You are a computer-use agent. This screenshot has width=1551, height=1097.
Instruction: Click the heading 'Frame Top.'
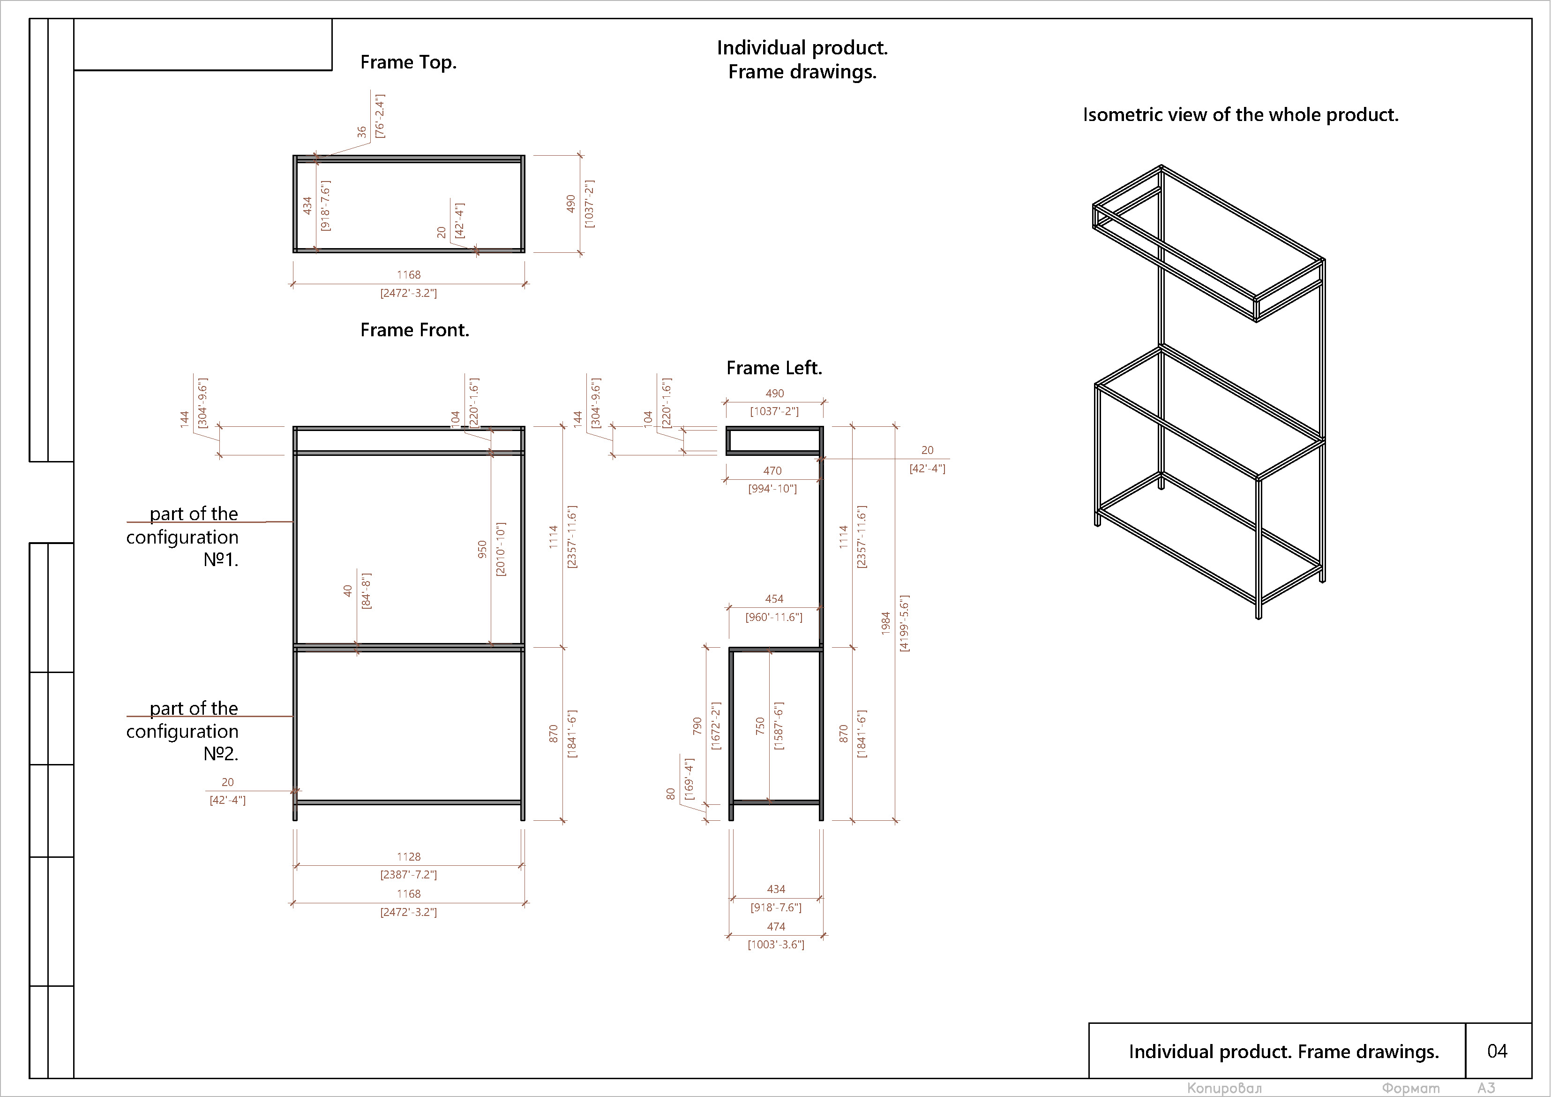click(408, 62)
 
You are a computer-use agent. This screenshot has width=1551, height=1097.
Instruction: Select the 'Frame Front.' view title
click(414, 330)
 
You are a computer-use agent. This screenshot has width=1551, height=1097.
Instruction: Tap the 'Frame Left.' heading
click(773, 368)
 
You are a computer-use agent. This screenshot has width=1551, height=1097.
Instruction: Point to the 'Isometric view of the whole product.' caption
click(1240, 115)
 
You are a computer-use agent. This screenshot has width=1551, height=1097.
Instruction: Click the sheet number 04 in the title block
click(1497, 1051)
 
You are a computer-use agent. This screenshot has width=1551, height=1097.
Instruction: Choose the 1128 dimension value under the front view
click(409, 856)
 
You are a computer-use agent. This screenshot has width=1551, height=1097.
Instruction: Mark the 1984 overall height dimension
click(885, 623)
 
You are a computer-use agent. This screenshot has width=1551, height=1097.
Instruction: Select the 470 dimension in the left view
click(772, 471)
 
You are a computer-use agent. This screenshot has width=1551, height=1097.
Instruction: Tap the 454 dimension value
click(774, 599)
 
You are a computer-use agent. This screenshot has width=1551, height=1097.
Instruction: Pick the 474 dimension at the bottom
click(775, 927)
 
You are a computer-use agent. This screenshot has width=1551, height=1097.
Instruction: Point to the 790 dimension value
click(697, 726)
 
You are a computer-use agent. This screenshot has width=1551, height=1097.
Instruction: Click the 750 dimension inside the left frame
click(760, 726)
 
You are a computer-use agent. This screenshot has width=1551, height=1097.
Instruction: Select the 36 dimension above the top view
click(361, 132)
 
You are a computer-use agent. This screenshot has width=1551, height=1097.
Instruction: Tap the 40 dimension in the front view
click(347, 591)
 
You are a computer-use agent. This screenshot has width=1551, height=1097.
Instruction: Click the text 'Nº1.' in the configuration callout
click(221, 560)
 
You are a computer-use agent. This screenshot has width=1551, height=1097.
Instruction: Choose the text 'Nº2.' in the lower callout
click(221, 754)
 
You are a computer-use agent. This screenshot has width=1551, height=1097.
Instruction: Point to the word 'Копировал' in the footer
click(1224, 1088)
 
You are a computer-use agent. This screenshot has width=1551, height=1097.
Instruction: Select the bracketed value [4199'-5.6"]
click(905, 623)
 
